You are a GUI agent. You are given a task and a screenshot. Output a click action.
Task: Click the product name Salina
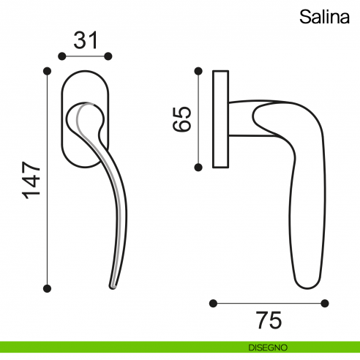[324, 18]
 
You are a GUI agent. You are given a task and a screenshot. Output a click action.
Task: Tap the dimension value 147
[30, 180]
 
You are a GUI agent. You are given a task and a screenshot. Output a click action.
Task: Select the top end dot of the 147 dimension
[48, 71]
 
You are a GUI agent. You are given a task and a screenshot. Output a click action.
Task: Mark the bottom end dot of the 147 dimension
[48, 288]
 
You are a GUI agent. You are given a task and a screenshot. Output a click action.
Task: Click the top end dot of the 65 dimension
[198, 71]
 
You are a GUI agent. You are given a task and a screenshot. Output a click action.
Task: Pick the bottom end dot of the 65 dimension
[198, 167]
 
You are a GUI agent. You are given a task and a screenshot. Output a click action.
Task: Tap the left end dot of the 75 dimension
[213, 302]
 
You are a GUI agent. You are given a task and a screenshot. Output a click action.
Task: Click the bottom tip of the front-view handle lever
[113, 285]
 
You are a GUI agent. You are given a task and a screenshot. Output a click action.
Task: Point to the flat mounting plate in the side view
[220, 119]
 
